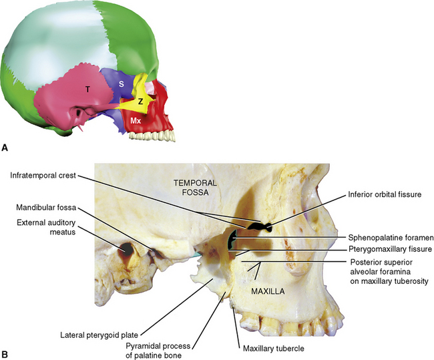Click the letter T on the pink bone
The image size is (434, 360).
pyautogui.click(x=87, y=89)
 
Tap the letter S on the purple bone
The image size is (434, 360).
pyautogui.click(x=121, y=83)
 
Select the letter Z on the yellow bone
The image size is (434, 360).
pyautogui.click(x=140, y=102)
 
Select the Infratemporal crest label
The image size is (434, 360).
pyautogui.click(x=43, y=176)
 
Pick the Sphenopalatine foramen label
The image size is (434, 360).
pyautogui.click(x=386, y=237)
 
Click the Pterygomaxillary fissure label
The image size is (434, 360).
pyautogui.click(x=387, y=249)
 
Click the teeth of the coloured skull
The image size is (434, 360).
pyautogui.click(x=151, y=135)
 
